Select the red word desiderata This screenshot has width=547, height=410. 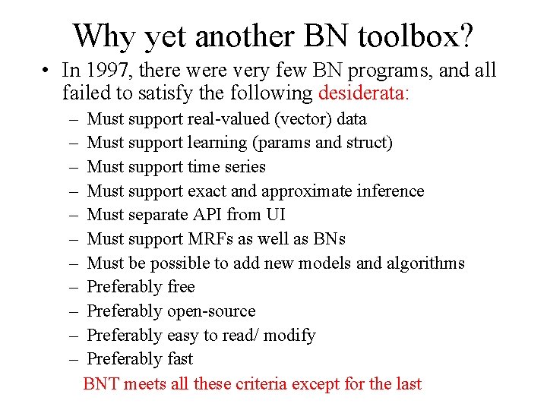(x=365, y=94)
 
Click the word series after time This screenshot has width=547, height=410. (x=244, y=167)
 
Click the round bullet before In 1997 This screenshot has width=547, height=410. (x=46, y=71)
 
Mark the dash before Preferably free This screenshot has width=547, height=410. (x=71, y=287)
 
